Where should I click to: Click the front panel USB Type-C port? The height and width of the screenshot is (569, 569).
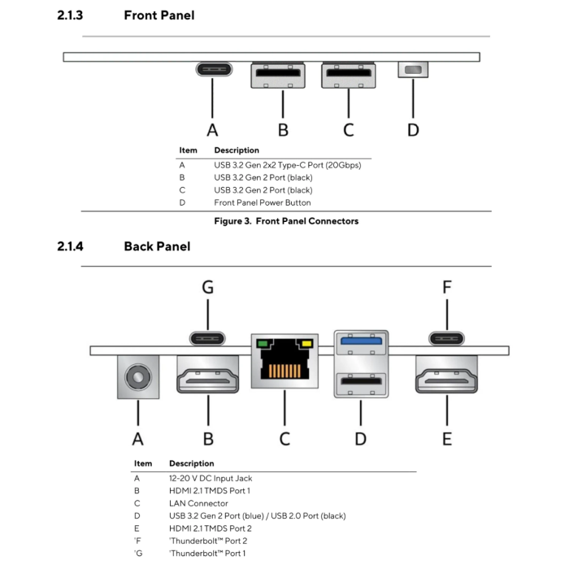pos(212,69)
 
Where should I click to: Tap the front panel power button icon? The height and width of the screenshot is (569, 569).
pos(413,70)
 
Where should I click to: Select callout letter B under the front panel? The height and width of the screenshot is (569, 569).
pos(283,129)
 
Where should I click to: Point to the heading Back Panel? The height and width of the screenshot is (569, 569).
pos(157,246)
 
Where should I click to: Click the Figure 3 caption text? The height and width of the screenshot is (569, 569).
pos(285,221)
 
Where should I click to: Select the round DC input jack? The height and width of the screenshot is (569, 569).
pos(137,377)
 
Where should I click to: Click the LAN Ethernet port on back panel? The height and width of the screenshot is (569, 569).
pos(284,363)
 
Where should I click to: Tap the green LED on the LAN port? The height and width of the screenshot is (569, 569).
pos(263,344)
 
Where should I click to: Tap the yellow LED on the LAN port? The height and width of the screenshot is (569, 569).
pos(307,344)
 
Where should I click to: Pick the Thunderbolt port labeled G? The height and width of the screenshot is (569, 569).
pos(208,338)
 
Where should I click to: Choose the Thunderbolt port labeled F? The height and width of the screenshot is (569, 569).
pos(446,338)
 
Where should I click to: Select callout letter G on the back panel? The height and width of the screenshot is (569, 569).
pos(208,287)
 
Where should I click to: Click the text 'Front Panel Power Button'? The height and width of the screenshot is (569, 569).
pos(262,202)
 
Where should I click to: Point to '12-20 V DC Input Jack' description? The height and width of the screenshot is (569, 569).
pos(211,479)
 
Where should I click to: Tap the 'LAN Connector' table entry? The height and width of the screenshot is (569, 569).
pos(198,503)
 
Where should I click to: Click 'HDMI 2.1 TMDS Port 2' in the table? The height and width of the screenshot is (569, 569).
pos(210,528)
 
